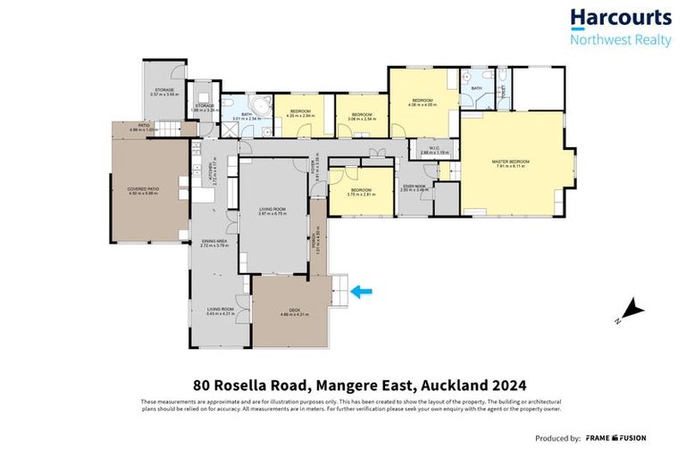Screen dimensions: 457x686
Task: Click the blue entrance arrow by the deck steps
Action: coord(363,290)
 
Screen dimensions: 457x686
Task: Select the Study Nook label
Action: coord(414,187)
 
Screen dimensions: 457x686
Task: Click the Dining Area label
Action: coord(215,242)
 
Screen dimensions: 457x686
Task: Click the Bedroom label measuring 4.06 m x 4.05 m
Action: coord(422,102)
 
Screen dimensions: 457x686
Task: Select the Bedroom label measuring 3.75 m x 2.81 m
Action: coord(361,192)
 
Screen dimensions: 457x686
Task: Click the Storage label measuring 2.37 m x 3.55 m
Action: coord(165,91)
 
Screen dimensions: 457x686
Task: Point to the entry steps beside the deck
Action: coord(341,289)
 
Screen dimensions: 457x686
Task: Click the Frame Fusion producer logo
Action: coord(615,438)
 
